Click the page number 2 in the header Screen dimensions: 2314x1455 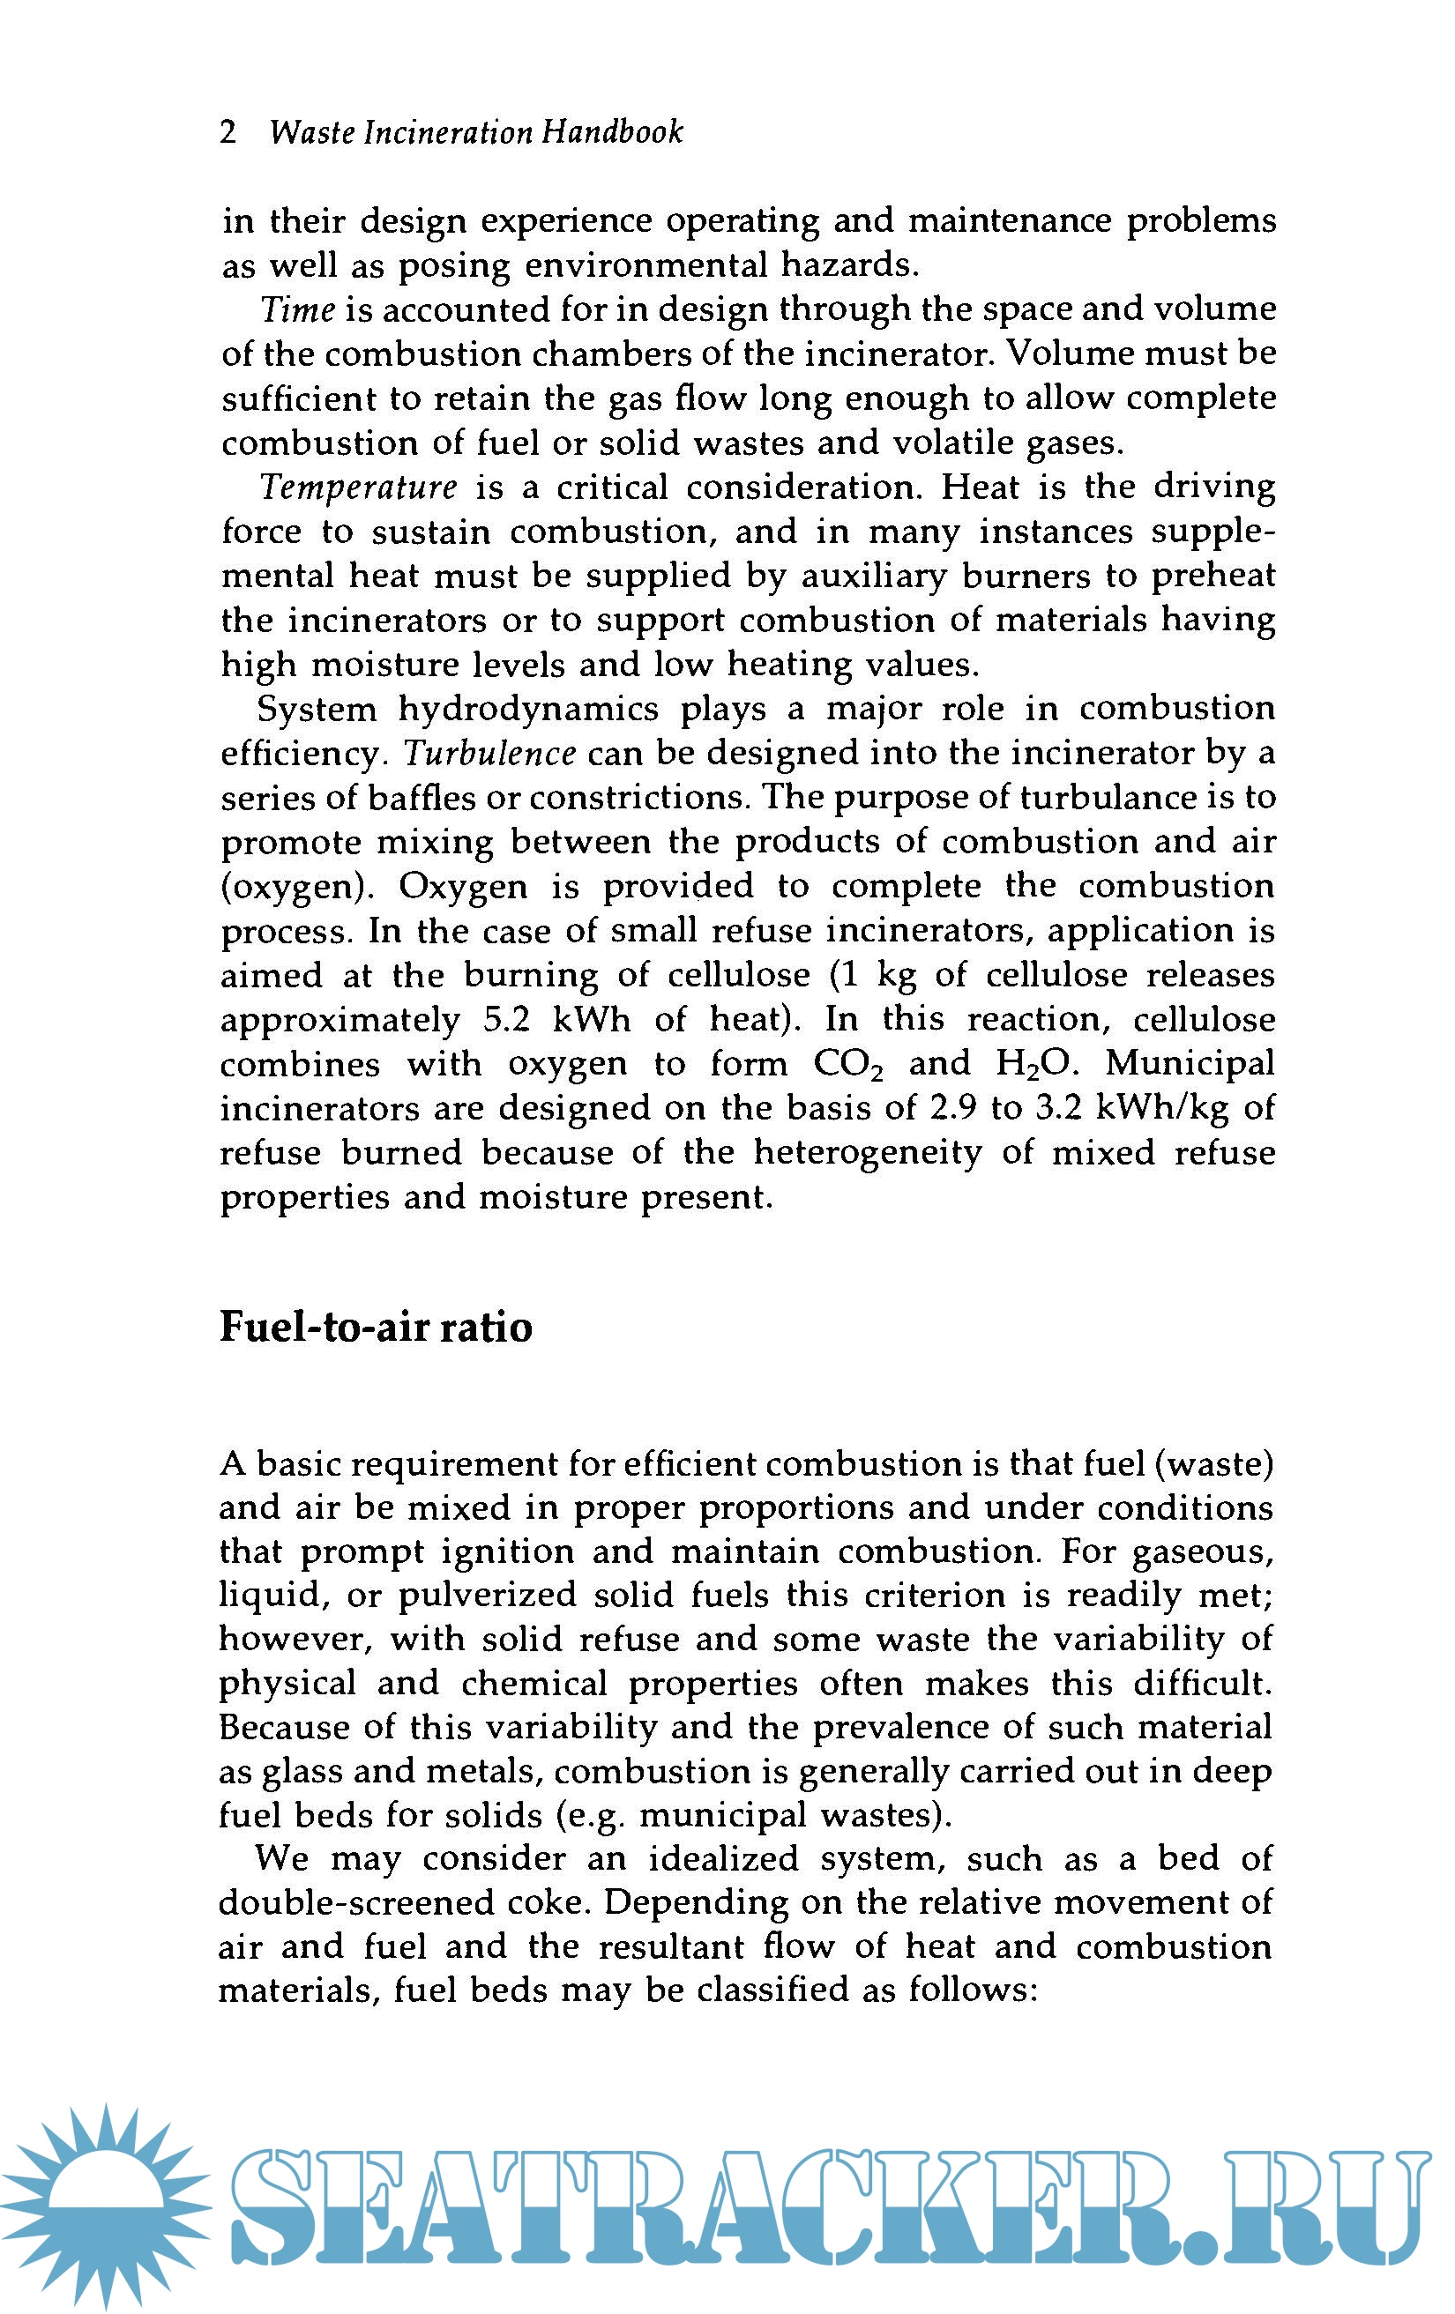tap(228, 131)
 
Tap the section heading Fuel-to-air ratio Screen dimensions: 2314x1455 tap(376, 1327)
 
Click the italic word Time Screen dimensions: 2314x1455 tap(298, 309)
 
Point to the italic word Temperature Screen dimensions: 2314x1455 tap(359, 487)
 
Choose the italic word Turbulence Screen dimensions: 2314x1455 tap(490, 754)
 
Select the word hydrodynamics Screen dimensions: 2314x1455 tap(528, 710)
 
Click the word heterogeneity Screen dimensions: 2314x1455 tap(867, 1152)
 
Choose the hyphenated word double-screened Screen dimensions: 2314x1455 tap(378, 1901)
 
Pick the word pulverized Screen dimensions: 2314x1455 tap(488, 1595)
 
